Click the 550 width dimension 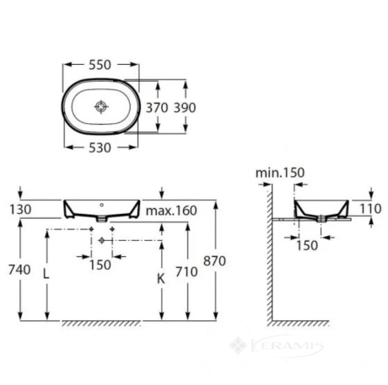pyautogui.click(x=100, y=65)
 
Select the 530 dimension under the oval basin pyautogui.click(x=100, y=147)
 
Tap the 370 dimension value pyautogui.click(x=157, y=108)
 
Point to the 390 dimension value pyautogui.click(x=185, y=108)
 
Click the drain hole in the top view pyautogui.click(x=101, y=106)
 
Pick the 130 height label pyautogui.click(x=20, y=210)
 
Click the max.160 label pyautogui.click(x=171, y=211)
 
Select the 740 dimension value pyautogui.click(x=19, y=270)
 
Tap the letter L pyautogui.click(x=46, y=274)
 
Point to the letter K pyautogui.click(x=160, y=279)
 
